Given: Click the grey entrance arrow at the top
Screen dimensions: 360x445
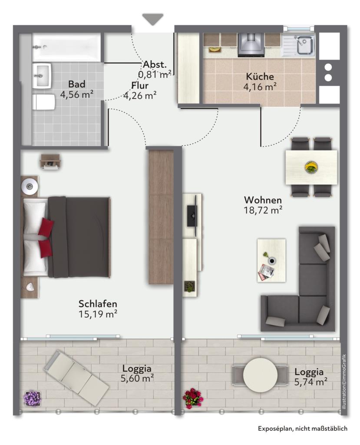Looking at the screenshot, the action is [x=153, y=19].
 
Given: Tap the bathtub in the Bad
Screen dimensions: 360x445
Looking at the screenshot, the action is [x=66, y=47].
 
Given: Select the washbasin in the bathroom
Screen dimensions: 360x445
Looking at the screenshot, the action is [x=41, y=75].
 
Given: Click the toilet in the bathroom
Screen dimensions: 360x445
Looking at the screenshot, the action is [x=44, y=102].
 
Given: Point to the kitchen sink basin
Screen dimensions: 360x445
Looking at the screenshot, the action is [x=305, y=46].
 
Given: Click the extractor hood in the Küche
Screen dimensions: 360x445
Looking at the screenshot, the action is [x=251, y=45].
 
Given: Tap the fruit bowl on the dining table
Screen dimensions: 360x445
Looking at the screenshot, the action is [x=311, y=167].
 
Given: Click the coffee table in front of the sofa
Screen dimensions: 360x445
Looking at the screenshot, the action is [x=271, y=260].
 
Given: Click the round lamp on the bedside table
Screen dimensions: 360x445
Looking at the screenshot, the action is [x=29, y=186].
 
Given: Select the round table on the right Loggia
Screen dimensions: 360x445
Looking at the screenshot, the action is [x=260, y=375].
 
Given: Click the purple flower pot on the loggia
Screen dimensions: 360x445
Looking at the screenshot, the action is [x=33, y=398].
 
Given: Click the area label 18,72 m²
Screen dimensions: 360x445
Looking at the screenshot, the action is [x=263, y=210].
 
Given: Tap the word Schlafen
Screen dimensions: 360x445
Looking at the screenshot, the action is [x=98, y=304].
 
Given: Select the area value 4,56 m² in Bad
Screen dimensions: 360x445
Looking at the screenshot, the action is [x=77, y=94].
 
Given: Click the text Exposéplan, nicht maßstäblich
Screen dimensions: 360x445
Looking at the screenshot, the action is [x=302, y=428].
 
